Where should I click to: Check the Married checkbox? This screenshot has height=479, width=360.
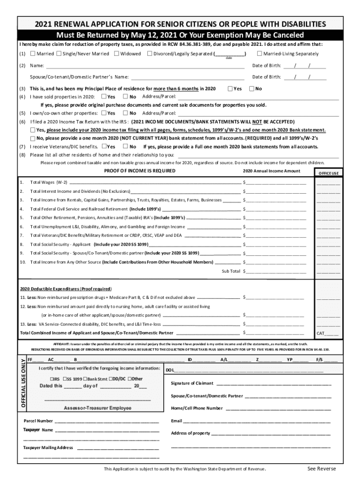32,54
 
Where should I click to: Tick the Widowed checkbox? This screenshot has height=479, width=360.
116,54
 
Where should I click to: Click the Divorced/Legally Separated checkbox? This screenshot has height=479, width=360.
149,54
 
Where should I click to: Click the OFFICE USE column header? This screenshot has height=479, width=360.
328,173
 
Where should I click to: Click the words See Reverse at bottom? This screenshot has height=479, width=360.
321,469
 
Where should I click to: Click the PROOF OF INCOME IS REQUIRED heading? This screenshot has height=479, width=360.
139,171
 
